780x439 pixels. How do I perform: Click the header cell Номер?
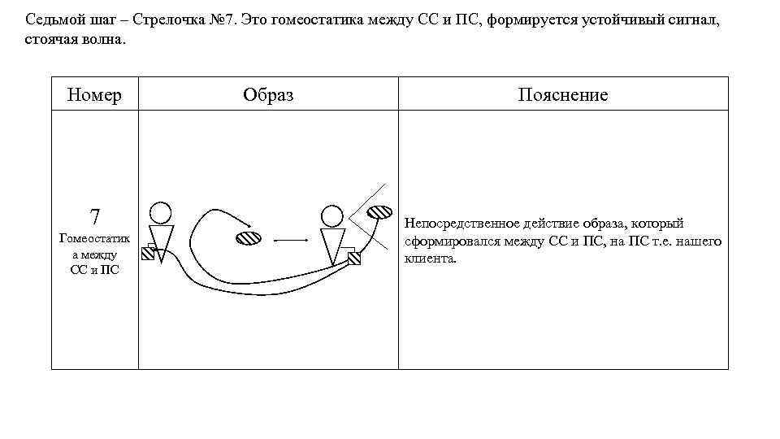95,95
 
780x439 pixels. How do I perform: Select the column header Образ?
268,95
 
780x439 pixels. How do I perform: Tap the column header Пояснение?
563,95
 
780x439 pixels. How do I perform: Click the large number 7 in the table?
95,217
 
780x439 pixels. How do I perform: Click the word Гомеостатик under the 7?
95,238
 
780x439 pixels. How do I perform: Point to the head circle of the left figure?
161,213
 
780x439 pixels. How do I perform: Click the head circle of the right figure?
331,215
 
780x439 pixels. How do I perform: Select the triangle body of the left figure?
161,241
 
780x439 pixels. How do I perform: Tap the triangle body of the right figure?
333,245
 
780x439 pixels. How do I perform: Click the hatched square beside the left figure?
148,253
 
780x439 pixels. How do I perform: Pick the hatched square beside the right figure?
353,259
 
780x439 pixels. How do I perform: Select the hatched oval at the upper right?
380,212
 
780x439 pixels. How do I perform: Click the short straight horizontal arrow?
289,241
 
